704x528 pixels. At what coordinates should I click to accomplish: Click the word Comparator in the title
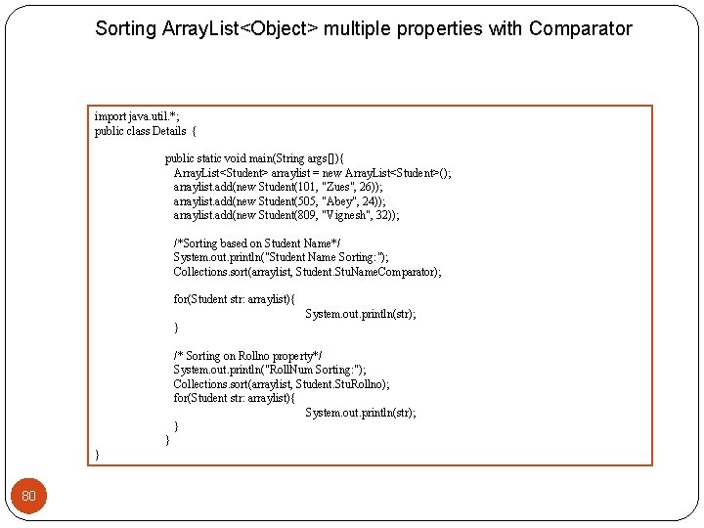pyautogui.click(x=581, y=28)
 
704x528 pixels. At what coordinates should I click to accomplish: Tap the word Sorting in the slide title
pyautogui.click(x=125, y=28)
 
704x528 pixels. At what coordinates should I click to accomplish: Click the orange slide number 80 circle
pyautogui.click(x=28, y=496)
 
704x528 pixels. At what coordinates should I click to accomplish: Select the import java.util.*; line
pyautogui.click(x=137, y=116)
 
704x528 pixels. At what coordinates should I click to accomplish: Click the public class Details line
pyautogui.click(x=145, y=130)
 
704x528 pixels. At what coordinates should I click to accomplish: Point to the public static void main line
pyautogui.click(x=254, y=158)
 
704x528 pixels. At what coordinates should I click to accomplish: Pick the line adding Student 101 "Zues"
pyautogui.click(x=278, y=187)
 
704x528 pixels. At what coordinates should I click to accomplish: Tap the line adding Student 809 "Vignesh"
pyautogui.click(x=286, y=215)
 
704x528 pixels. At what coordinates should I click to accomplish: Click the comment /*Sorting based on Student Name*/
pyautogui.click(x=257, y=243)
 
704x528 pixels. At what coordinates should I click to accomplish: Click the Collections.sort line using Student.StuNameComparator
pyautogui.click(x=307, y=272)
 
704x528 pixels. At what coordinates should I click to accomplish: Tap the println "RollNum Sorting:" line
pyautogui.click(x=270, y=370)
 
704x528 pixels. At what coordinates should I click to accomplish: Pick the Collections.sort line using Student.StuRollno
pyautogui.click(x=281, y=384)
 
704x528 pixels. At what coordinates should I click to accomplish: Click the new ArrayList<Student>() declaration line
pyautogui.click(x=312, y=173)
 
